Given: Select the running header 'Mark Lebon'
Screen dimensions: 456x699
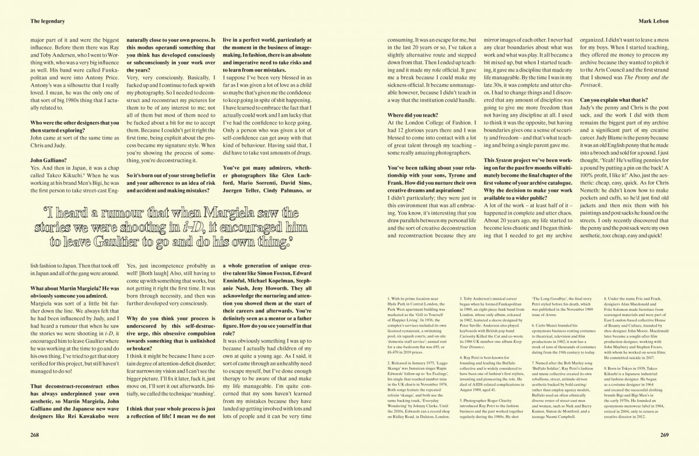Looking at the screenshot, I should tap(652, 21).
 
